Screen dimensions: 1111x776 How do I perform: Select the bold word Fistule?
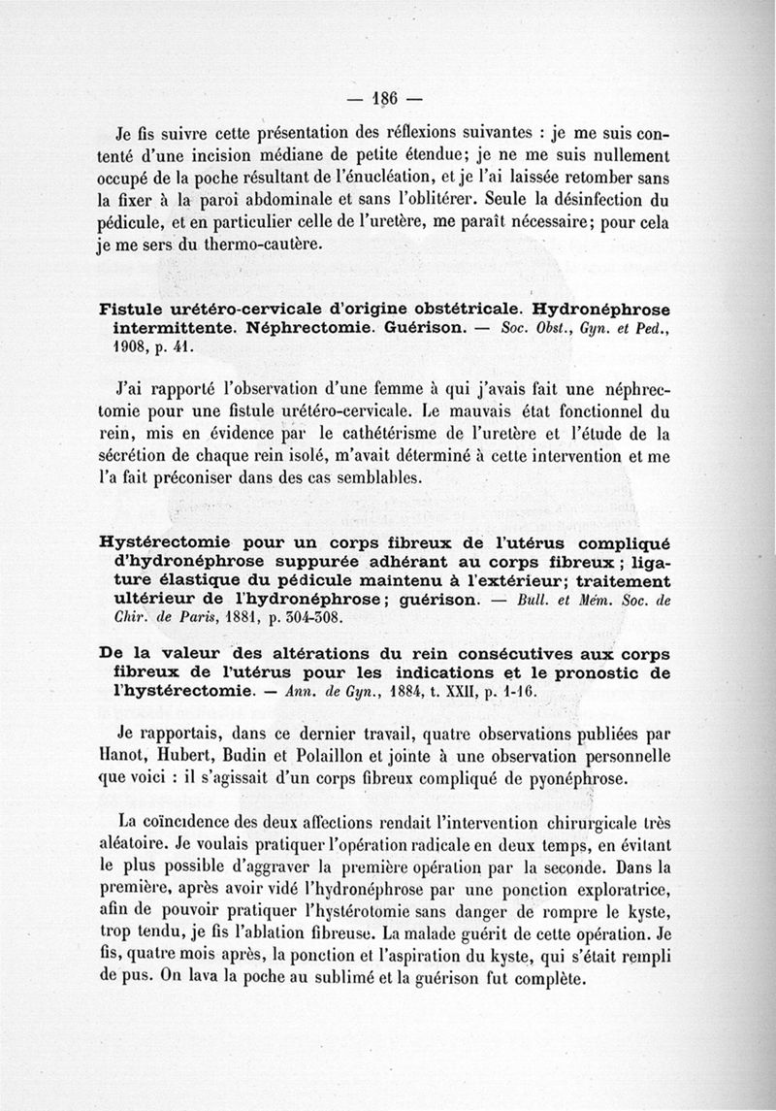pyautogui.click(x=136, y=309)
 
